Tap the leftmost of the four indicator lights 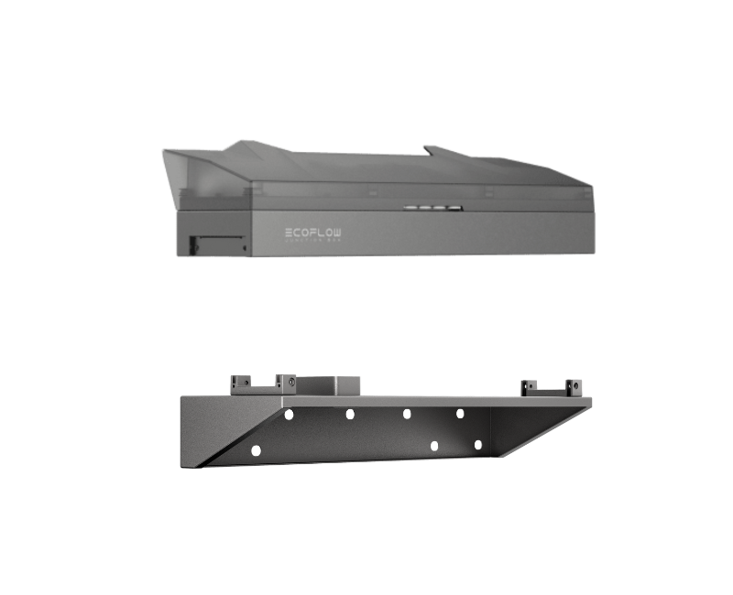pyautogui.click(x=409, y=209)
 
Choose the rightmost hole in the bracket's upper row pyautogui.click(x=461, y=414)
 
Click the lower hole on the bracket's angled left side pyautogui.click(x=256, y=449)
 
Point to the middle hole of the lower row pyautogui.click(x=435, y=445)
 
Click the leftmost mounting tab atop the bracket pyautogui.click(x=242, y=380)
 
